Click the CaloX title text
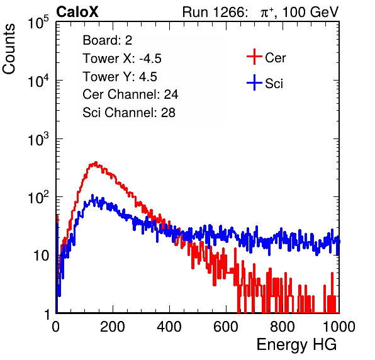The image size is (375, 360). coord(77,12)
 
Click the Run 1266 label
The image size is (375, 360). coord(215,12)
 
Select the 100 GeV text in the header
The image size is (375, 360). coord(310,12)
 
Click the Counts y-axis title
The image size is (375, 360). coord(9,49)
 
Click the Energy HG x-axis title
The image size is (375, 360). coord(296,345)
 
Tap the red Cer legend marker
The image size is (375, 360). coord(254,57)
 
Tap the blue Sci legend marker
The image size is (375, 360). coord(254,82)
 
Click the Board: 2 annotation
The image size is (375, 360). coord(108,40)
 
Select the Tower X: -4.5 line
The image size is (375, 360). coord(122,59)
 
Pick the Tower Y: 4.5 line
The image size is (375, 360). coord(120,77)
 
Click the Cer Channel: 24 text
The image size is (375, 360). coord(130,94)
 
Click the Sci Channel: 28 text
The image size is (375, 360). coord(129,113)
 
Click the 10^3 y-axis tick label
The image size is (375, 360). coord(38,139)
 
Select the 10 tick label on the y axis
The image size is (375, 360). coord(41,256)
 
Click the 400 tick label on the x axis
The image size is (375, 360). coord(169,327)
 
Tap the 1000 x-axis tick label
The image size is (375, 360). coord(339,327)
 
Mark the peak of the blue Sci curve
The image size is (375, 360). coord(92,196)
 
